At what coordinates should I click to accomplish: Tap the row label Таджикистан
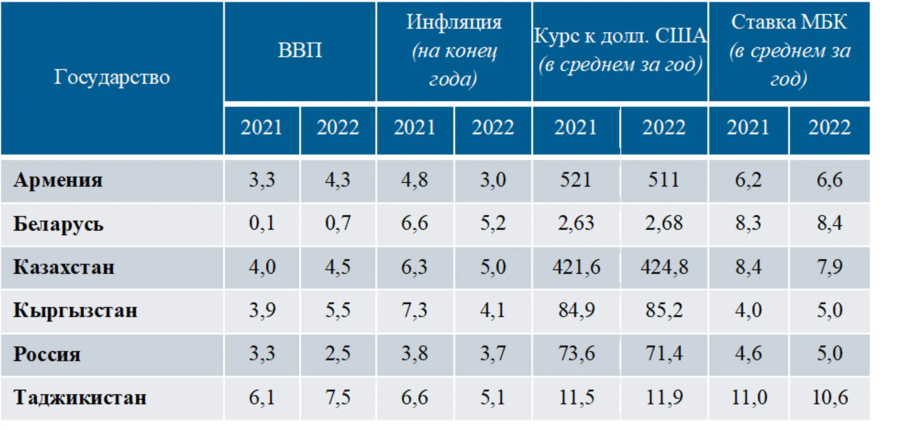[80, 398]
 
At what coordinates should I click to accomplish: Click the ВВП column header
[300, 50]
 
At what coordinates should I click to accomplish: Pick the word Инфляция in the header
[454, 22]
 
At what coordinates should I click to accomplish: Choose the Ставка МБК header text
[789, 22]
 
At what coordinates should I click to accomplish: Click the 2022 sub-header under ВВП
[338, 127]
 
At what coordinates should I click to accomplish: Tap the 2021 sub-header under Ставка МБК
[748, 127]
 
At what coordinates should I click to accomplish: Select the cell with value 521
[575, 180]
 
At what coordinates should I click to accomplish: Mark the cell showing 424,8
[664, 267]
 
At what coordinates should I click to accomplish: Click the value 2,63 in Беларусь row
[576, 223]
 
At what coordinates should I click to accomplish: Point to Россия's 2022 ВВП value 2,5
[338, 353]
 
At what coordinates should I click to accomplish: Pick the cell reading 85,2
[664, 310]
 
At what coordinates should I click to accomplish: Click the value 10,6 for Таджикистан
[830, 397]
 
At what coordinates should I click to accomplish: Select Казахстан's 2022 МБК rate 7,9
[830, 267]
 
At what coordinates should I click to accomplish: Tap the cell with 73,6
[576, 353]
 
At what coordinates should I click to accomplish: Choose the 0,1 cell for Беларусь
[262, 223]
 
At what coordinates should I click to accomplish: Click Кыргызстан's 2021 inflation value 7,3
[414, 310]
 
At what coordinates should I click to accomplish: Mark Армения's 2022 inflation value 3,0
[493, 180]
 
